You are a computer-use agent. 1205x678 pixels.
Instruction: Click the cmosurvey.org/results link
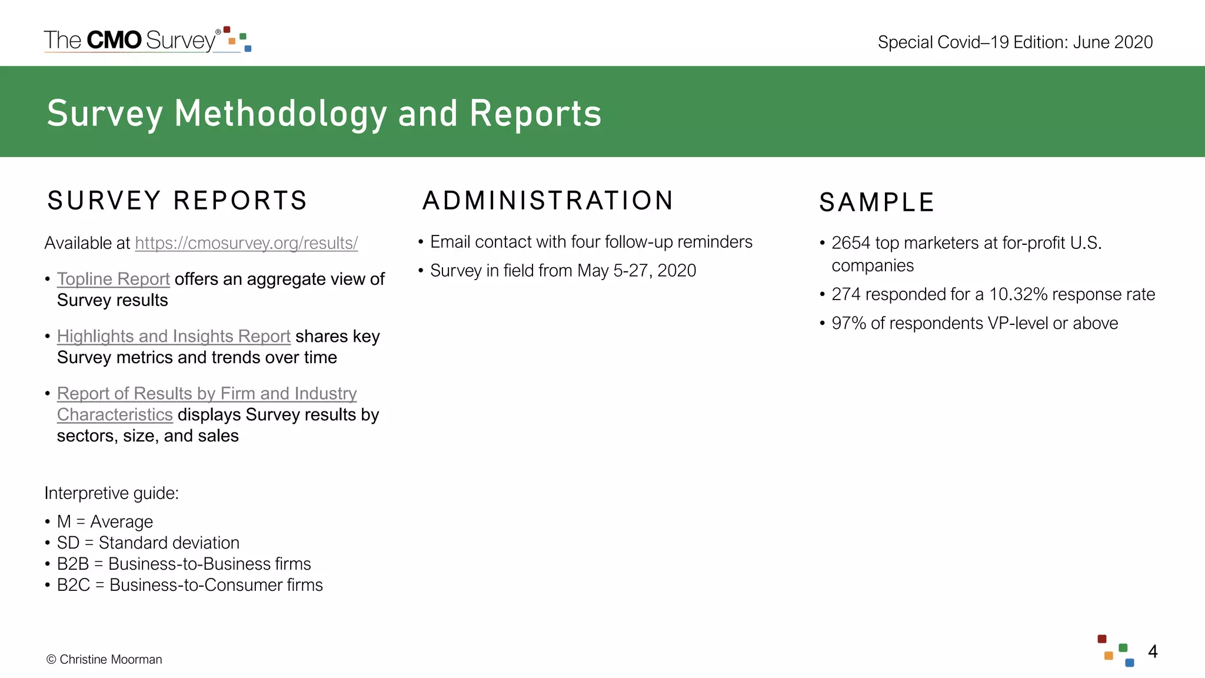pyautogui.click(x=246, y=243)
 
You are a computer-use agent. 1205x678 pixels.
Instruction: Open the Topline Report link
pyautogui.click(x=113, y=279)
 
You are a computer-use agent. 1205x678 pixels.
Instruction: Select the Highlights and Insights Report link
pyautogui.click(x=174, y=336)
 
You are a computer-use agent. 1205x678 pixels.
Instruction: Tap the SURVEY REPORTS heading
pyautogui.click(x=177, y=201)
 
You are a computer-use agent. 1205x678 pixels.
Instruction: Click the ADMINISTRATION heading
pyautogui.click(x=548, y=201)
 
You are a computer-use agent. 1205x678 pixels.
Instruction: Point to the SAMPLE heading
pyautogui.click(x=877, y=202)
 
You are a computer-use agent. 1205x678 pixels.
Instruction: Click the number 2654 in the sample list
pyautogui.click(x=850, y=243)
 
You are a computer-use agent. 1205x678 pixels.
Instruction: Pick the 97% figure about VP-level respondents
pyautogui.click(x=848, y=323)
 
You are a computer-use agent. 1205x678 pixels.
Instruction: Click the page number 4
pyautogui.click(x=1153, y=652)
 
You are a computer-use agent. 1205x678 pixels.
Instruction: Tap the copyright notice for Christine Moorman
pyautogui.click(x=104, y=659)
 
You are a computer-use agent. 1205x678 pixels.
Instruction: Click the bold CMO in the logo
pyautogui.click(x=114, y=40)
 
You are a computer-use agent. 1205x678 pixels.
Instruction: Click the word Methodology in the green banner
pyautogui.click(x=280, y=113)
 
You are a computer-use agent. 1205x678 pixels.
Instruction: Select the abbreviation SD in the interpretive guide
pyautogui.click(x=68, y=543)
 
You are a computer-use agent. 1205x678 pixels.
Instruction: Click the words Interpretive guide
pyautogui.click(x=111, y=493)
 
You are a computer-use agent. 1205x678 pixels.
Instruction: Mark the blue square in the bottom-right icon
pyautogui.click(x=1129, y=663)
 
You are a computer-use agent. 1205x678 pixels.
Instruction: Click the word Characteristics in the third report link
pyautogui.click(x=115, y=414)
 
